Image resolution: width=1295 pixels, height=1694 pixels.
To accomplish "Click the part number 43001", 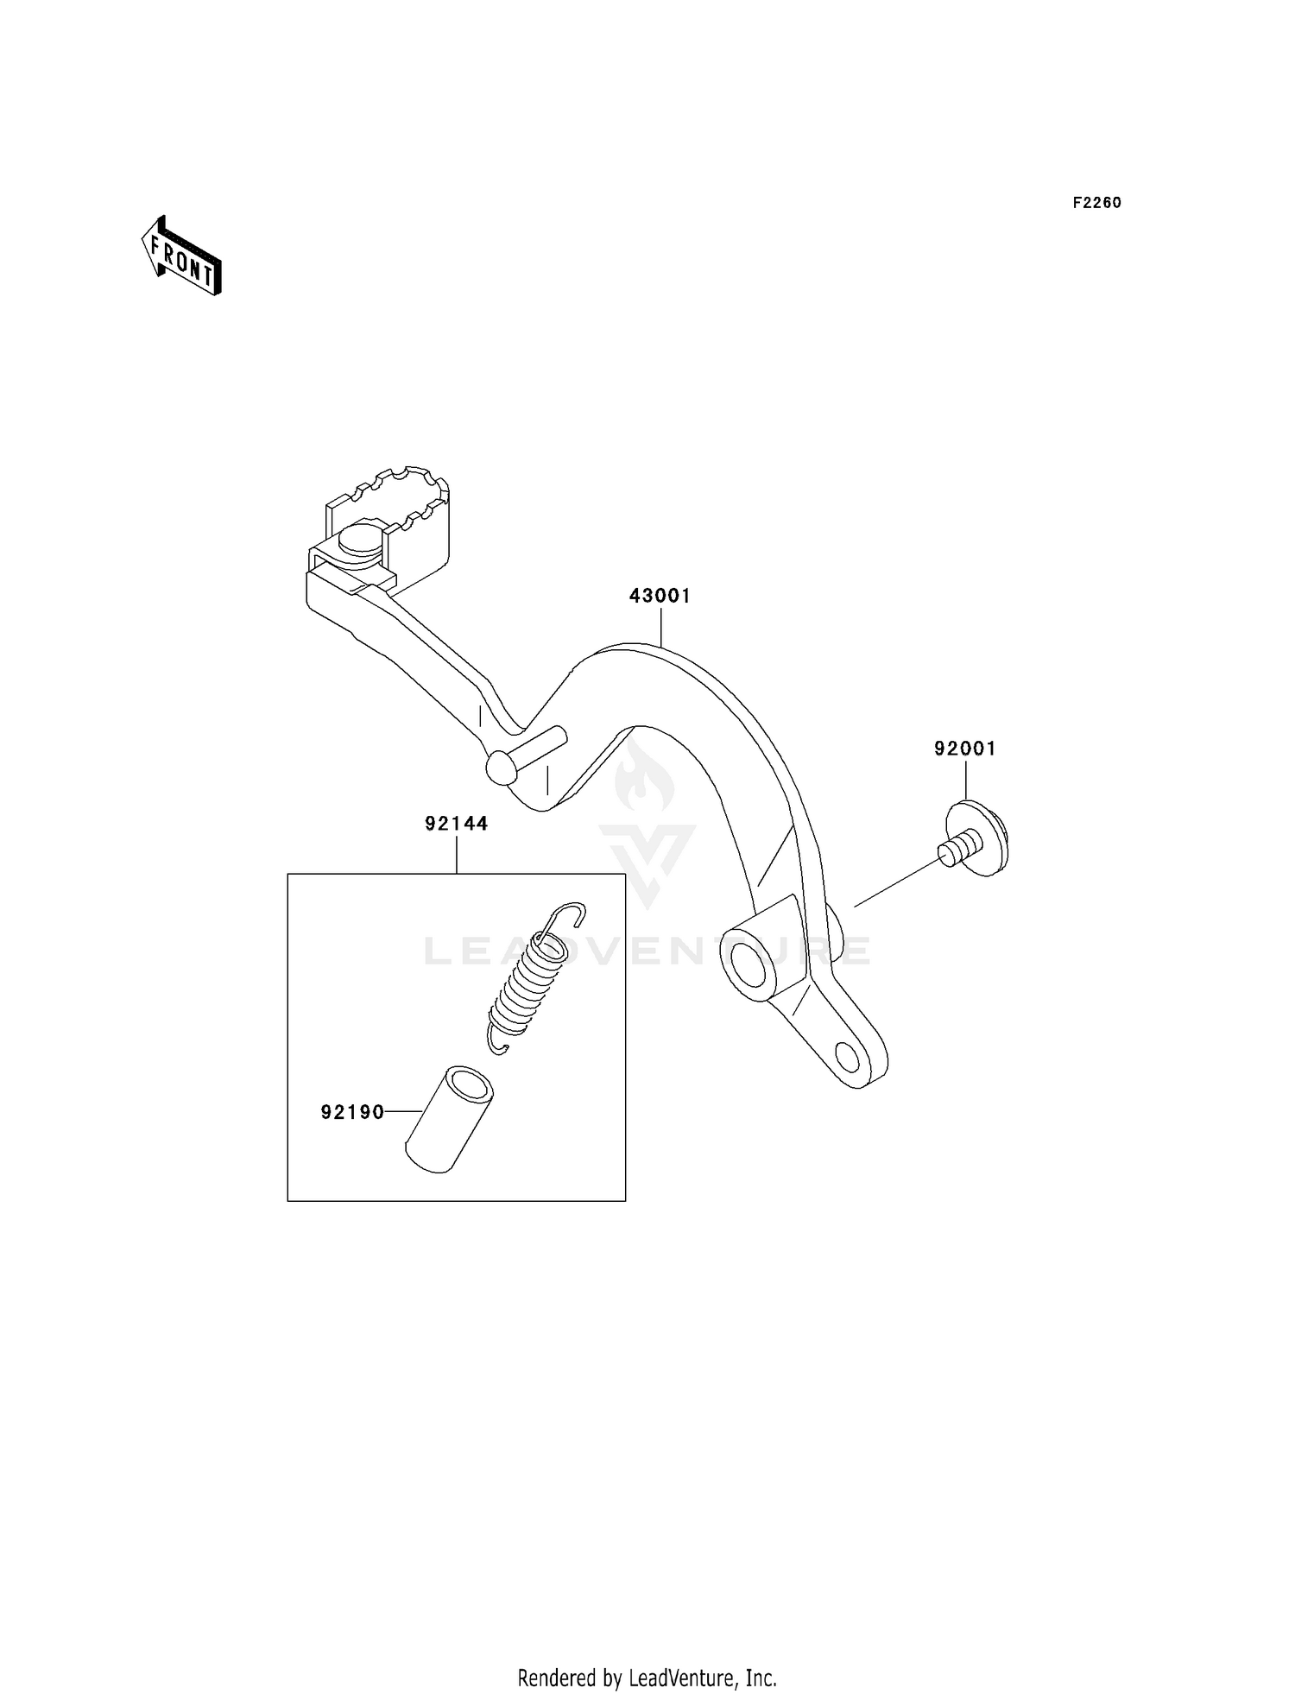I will (660, 596).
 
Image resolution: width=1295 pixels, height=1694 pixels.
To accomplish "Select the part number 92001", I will (964, 749).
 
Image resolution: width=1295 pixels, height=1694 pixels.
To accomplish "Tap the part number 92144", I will (456, 824).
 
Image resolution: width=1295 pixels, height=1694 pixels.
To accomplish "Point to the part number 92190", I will (352, 1112).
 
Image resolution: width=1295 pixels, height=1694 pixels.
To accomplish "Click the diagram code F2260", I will (1096, 203).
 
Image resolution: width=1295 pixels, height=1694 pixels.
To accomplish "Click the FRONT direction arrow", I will (182, 256).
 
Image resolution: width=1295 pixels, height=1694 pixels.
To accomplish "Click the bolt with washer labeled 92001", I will (976, 838).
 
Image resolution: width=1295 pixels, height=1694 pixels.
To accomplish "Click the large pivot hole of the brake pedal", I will (750, 963).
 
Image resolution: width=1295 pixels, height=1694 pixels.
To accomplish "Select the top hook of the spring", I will (565, 914).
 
